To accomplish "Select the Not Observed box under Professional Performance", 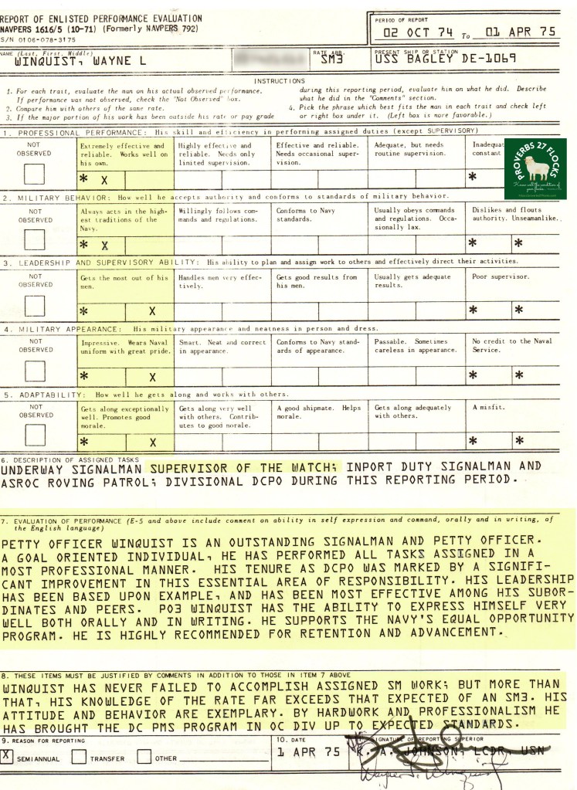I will coord(34,174).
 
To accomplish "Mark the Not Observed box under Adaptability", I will coord(34,435).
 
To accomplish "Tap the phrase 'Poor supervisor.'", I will coord(500,276).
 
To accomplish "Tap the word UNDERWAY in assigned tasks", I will coord(34,468).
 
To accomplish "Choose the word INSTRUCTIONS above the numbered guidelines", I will coord(280,80).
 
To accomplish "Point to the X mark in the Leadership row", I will coord(152,310).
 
